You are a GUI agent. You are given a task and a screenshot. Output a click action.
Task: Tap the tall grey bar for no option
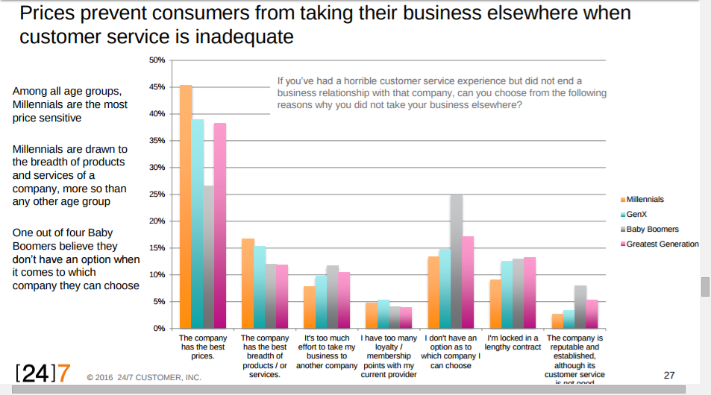pyautogui.click(x=457, y=261)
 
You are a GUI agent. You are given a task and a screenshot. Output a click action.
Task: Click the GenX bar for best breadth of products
pyautogui.click(x=259, y=287)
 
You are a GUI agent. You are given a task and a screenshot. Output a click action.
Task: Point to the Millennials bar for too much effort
pyautogui.click(x=310, y=307)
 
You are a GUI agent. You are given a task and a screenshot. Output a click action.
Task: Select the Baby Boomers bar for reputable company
pyautogui.click(x=580, y=307)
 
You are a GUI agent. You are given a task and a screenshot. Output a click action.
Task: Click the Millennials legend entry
pyautogui.click(x=645, y=200)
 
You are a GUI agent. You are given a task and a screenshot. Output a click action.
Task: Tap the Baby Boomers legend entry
pyautogui.click(x=652, y=230)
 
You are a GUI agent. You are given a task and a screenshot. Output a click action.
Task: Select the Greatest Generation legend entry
pyautogui.click(x=662, y=244)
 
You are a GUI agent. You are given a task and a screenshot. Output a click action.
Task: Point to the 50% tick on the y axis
pyautogui.click(x=157, y=60)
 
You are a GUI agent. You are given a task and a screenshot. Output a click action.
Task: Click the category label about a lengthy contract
pyautogui.click(x=513, y=343)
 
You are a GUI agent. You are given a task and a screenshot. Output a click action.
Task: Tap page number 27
pyautogui.click(x=669, y=375)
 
